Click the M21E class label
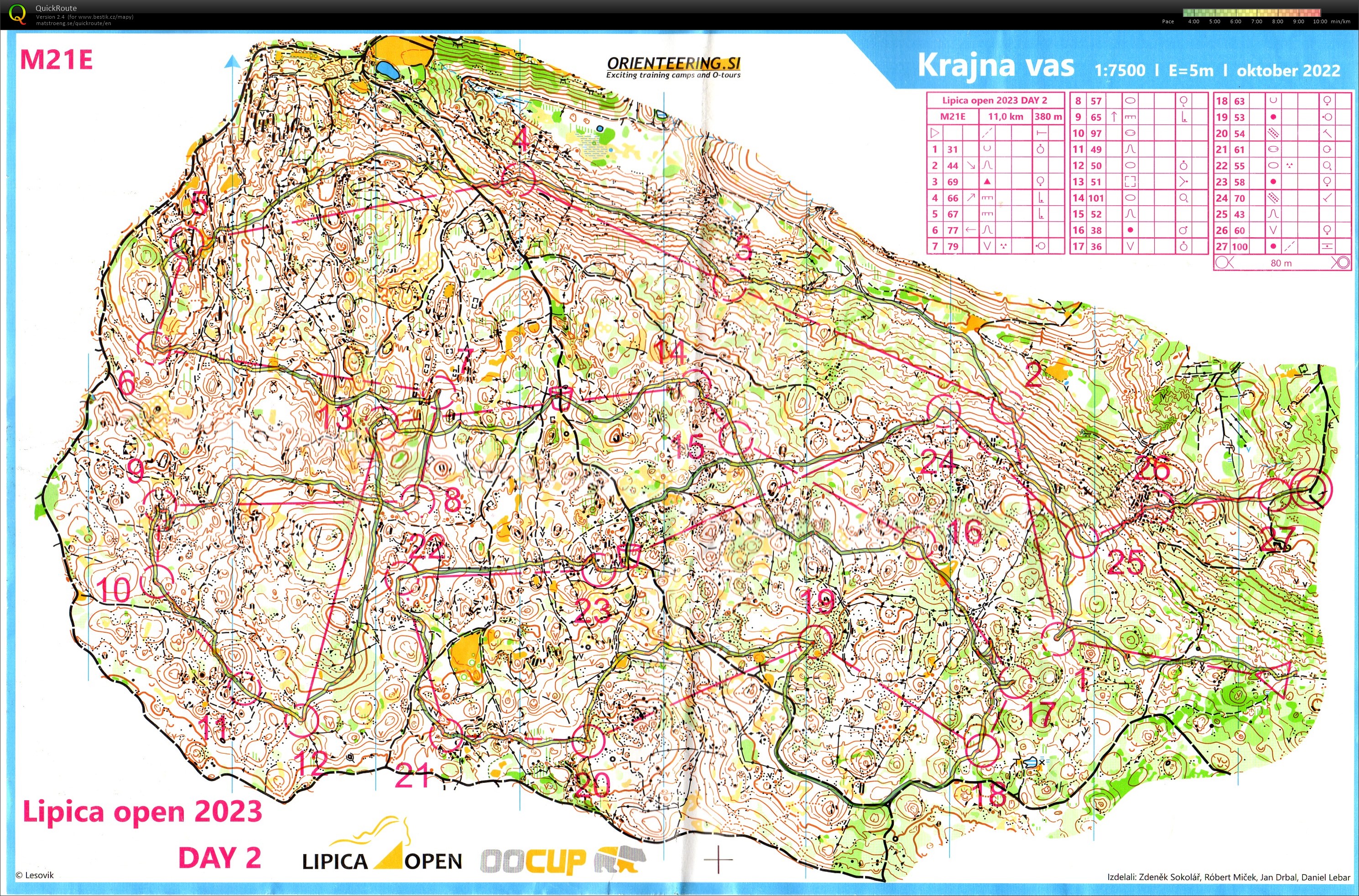click(56, 59)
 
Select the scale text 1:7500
click(1119, 70)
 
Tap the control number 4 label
click(521, 139)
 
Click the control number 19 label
click(818, 601)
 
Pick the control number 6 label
click(127, 382)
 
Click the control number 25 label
click(1126, 563)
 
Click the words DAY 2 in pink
click(219, 858)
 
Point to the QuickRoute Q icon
click(17, 14)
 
